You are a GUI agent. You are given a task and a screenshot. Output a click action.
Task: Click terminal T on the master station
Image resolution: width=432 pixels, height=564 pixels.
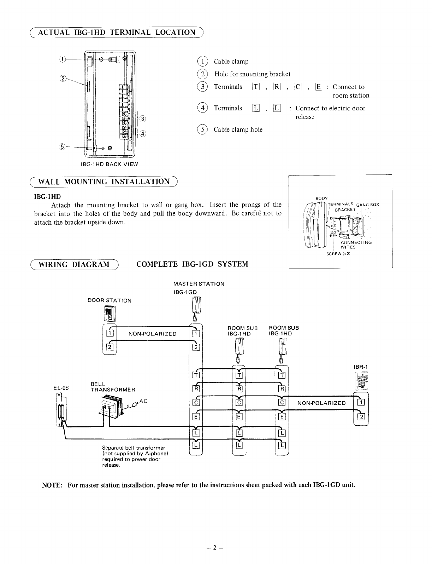coord(195,375)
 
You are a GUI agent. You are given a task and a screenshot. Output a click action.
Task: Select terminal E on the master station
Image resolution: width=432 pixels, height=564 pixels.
coord(195,416)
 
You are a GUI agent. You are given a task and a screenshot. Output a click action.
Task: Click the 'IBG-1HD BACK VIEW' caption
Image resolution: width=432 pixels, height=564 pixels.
coord(110,164)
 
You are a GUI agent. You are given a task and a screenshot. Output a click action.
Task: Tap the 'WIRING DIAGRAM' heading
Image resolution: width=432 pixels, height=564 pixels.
coord(74,264)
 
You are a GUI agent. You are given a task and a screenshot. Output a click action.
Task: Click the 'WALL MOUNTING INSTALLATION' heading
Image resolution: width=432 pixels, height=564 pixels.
coord(103,182)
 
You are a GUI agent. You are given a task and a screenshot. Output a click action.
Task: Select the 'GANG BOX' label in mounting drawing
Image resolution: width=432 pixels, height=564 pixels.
coord(368,205)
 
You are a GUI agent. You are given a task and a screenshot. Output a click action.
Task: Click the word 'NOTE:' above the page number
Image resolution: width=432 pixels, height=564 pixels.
coord(52,485)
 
